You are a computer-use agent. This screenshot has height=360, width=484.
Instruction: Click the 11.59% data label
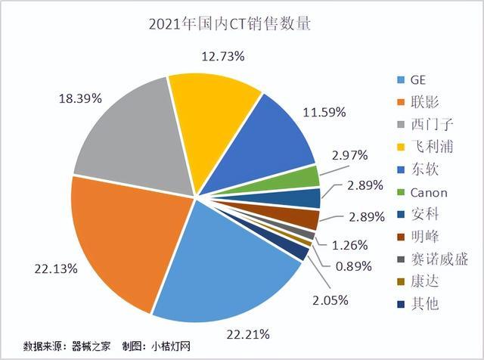[x=325, y=112]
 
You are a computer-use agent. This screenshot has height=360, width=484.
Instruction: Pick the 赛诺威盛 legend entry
[x=439, y=259]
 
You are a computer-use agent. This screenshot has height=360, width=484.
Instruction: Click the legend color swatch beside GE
[x=400, y=80]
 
